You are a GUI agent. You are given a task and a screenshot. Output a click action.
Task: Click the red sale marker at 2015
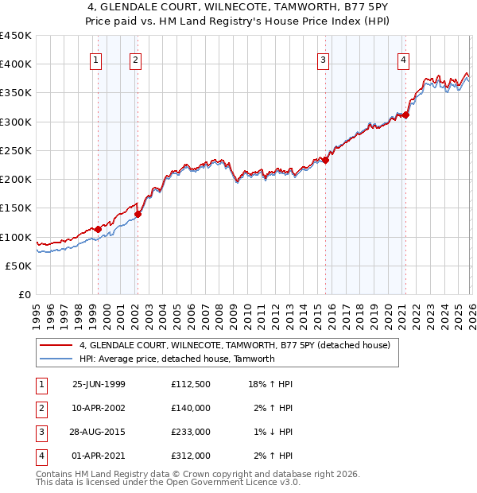click(326, 160)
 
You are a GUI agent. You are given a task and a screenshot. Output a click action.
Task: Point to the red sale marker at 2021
click(405, 115)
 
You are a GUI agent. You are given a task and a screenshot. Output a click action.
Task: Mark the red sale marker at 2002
click(138, 213)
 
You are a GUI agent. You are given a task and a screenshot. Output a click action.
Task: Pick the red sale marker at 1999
click(98, 229)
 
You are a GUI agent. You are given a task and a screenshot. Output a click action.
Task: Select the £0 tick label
click(24, 295)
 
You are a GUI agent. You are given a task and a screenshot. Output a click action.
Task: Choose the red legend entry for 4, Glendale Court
click(235, 346)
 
